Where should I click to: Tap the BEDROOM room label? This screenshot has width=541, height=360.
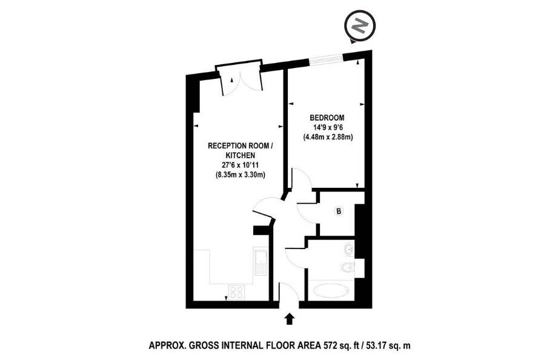(327, 118)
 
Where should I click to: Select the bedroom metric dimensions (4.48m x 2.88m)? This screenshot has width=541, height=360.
(328, 137)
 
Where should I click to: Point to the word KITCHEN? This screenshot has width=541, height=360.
(240, 156)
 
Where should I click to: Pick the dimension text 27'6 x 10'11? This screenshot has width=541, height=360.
(240, 165)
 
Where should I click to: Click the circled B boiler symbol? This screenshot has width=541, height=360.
(339, 211)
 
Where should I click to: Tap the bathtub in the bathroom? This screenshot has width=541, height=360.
(333, 290)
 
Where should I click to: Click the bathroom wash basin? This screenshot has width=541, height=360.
(349, 249)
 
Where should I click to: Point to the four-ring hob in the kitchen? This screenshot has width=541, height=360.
(236, 292)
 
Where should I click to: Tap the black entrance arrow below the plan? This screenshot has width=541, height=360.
(289, 319)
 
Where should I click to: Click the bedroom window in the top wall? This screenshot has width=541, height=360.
(326, 60)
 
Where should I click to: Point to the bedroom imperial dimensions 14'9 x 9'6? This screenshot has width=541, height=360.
(327, 127)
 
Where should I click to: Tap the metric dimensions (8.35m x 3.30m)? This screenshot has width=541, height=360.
(240, 175)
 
